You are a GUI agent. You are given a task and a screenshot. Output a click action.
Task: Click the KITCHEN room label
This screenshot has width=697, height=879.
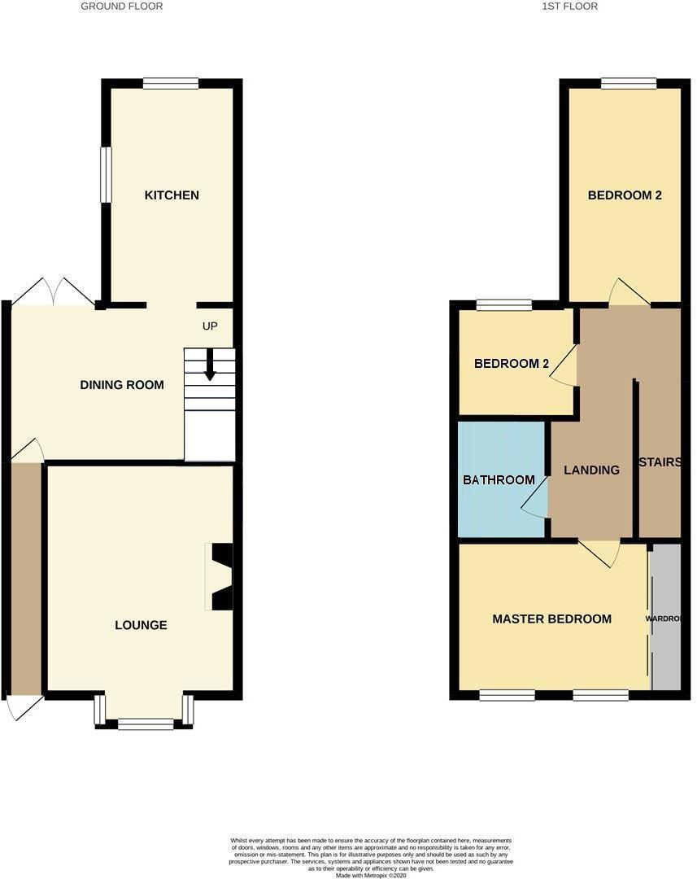point(172,195)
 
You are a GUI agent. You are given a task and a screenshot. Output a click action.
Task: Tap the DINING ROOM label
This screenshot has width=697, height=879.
point(122,385)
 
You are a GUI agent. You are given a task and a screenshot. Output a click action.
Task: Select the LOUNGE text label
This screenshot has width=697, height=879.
point(141,625)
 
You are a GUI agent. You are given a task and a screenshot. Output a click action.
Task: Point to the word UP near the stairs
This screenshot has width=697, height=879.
point(210,326)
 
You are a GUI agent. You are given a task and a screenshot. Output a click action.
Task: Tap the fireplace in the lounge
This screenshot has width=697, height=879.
point(221,576)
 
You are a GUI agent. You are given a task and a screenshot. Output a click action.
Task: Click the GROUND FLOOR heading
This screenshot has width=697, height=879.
point(122,7)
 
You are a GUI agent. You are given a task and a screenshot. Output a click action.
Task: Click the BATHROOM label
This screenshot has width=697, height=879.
point(499,480)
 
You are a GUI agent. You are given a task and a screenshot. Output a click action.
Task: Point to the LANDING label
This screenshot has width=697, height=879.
point(591,470)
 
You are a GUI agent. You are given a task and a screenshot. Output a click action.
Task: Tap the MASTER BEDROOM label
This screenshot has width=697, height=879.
point(551,619)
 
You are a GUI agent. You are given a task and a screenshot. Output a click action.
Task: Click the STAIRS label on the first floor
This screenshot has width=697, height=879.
point(660,462)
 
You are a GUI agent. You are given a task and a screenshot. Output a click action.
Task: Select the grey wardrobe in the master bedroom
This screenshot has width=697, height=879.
point(666,619)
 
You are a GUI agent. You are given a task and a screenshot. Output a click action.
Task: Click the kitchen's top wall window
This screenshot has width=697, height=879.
point(171,83)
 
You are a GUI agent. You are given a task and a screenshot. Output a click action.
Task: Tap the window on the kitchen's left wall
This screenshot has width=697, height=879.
point(105,174)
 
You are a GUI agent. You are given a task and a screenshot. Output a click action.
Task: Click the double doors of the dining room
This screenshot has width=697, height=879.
point(54,291)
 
